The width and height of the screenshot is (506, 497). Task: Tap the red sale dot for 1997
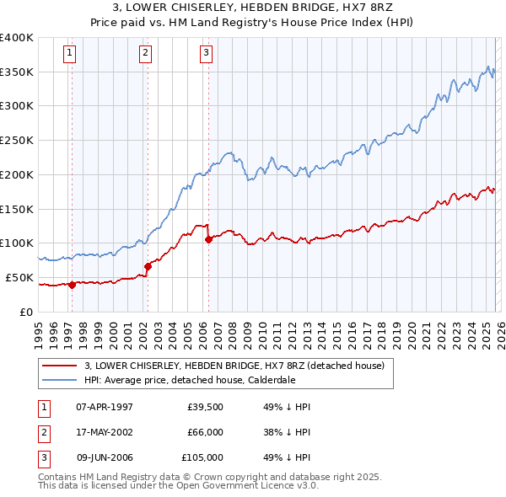click(x=72, y=285)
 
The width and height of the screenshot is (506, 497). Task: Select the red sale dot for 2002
click(x=148, y=266)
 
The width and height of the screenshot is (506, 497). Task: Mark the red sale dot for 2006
click(x=208, y=239)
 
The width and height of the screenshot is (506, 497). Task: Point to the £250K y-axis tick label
click(x=17, y=141)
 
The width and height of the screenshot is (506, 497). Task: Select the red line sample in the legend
click(x=59, y=366)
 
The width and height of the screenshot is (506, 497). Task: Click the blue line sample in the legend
click(x=59, y=379)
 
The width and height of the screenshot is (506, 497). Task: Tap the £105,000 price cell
click(x=202, y=458)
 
